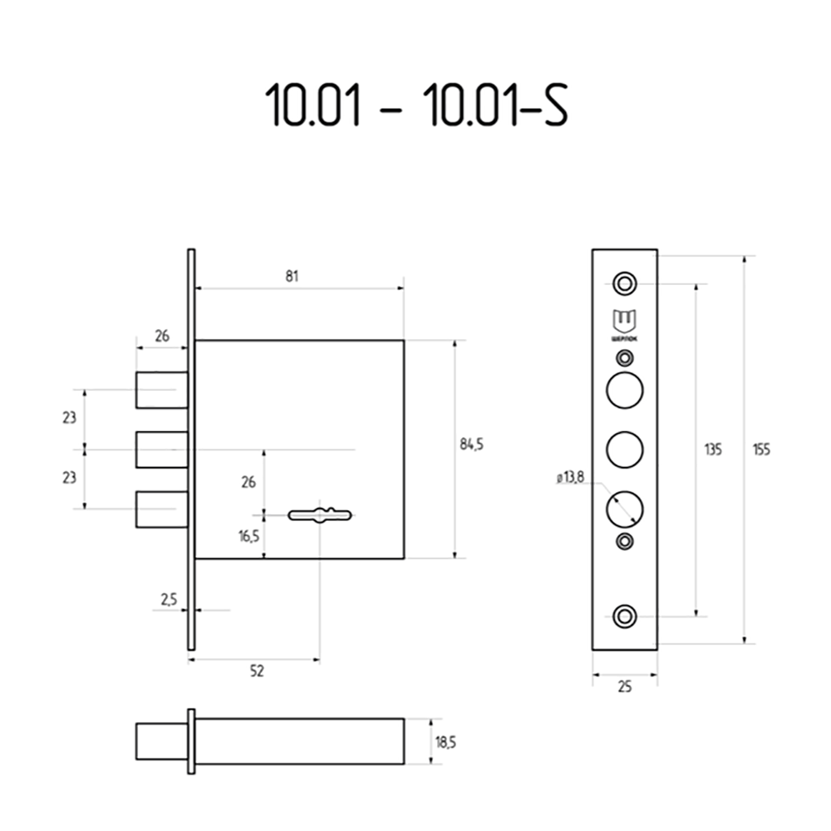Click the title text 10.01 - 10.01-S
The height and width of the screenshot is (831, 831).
[415, 106]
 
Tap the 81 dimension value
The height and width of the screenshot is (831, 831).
[292, 277]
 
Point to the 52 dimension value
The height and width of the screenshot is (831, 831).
[257, 672]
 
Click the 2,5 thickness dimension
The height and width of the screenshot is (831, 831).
[169, 600]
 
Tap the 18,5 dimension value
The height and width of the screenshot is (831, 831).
[446, 742]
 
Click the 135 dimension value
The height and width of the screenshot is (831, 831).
[711, 450]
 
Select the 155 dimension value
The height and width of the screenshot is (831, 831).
[761, 450]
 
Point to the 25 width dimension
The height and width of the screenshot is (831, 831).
[625, 686]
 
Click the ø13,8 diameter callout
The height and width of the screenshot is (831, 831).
[570, 477]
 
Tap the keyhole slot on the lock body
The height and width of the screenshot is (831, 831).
[321, 515]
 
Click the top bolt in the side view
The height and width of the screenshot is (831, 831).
[162, 390]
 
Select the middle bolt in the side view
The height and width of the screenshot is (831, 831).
[162, 450]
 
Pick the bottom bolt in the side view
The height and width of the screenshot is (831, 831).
[162, 509]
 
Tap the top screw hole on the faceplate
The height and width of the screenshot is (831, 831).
[624, 283]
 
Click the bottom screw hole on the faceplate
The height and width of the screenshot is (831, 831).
[624, 617]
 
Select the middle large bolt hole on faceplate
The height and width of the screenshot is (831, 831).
[624, 449]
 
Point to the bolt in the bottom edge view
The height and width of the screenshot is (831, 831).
[161, 741]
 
